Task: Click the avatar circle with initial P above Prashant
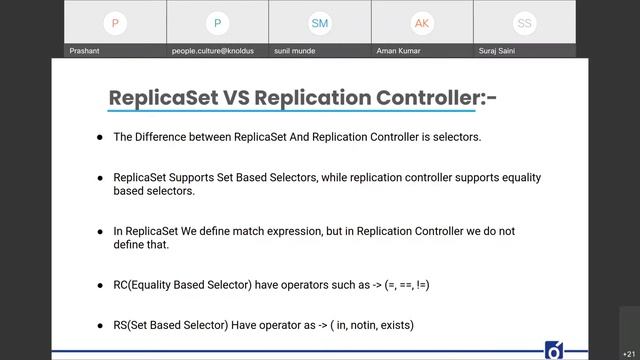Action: (x=116, y=22)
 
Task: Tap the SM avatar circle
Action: (x=320, y=22)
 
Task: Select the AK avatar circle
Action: (x=422, y=22)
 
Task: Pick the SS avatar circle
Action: (x=524, y=22)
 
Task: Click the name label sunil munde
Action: (x=297, y=51)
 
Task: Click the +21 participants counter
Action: (x=627, y=353)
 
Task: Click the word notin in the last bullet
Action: (x=351, y=325)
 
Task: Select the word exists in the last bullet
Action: (x=394, y=325)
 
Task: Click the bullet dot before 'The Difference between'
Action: (x=99, y=137)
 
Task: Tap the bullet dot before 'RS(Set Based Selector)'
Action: (x=99, y=325)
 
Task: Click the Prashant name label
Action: (x=85, y=51)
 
